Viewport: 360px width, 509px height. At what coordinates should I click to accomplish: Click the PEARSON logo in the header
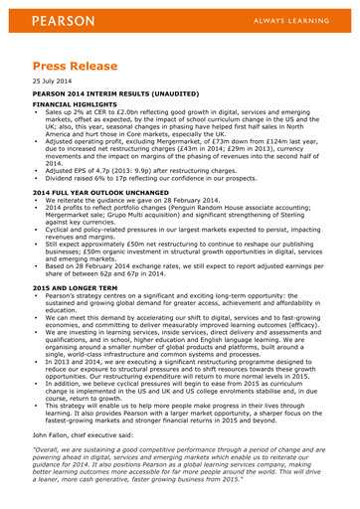pyautogui.click(x=63, y=20)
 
